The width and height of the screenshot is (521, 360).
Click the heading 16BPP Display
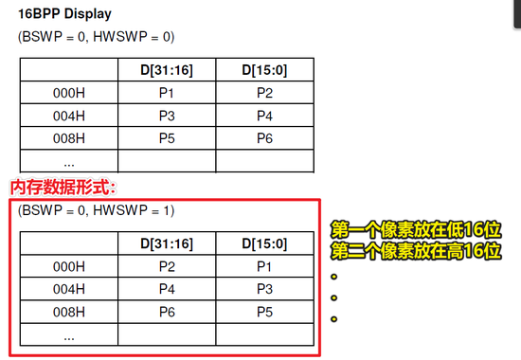pyautogui.click(x=64, y=14)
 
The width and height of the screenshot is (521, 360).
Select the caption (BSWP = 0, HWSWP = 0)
pyautogui.click(x=96, y=36)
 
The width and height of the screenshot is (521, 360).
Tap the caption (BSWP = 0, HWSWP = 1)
pyautogui.click(x=96, y=209)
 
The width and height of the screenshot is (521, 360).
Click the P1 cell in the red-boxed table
pyautogui.click(x=264, y=266)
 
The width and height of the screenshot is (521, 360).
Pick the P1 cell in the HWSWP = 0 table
pyautogui.click(x=166, y=93)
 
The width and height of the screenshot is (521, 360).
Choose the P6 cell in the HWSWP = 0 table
pyautogui.click(x=264, y=138)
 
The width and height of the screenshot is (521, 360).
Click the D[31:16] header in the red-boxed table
pyautogui.click(x=166, y=243)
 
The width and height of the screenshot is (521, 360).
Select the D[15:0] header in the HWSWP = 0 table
pyautogui.click(x=264, y=69)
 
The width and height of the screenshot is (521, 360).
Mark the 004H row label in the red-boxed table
pyautogui.click(x=68, y=289)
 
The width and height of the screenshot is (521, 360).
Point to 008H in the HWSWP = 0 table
pyautogui.click(x=68, y=138)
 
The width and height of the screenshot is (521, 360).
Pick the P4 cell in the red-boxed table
pyautogui.click(x=166, y=289)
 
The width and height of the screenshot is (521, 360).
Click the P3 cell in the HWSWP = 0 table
pyautogui.click(x=166, y=116)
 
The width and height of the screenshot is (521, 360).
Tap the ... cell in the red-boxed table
pyautogui.click(x=68, y=335)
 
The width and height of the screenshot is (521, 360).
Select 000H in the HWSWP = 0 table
pyautogui.click(x=68, y=93)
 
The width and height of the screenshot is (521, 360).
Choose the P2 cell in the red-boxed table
pyautogui.click(x=166, y=266)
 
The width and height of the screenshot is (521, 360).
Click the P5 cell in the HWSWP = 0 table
pyautogui.click(x=166, y=138)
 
